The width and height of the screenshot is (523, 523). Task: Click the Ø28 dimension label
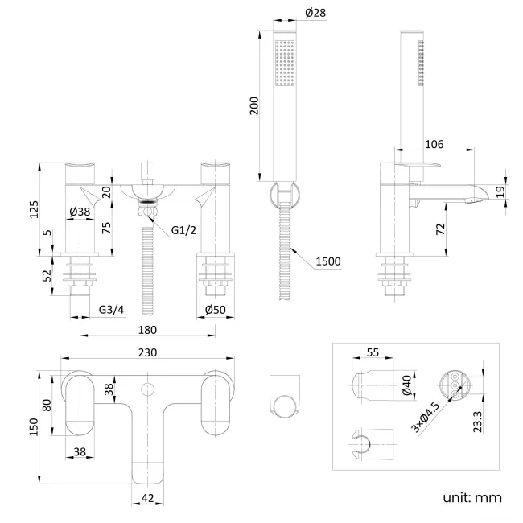click(316, 13)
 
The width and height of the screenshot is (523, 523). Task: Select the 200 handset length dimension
click(255, 105)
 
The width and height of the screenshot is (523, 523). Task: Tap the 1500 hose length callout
click(328, 261)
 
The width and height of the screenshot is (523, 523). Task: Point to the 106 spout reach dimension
click(434, 144)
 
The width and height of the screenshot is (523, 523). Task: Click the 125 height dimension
click(34, 208)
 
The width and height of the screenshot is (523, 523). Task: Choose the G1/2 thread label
click(183, 231)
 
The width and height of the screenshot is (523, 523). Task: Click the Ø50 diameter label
click(215, 310)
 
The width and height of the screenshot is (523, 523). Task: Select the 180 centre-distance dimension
click(148, 330)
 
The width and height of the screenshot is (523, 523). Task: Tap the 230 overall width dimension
click(147, 352)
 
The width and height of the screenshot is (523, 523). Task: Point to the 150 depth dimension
click(34, 427)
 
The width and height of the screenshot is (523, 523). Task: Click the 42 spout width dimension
click(146, 498)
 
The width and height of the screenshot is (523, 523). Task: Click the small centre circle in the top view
click(147, 390)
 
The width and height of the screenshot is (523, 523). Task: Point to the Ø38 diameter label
click(79, 212)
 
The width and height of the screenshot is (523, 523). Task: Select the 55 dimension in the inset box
click(372, 353)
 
